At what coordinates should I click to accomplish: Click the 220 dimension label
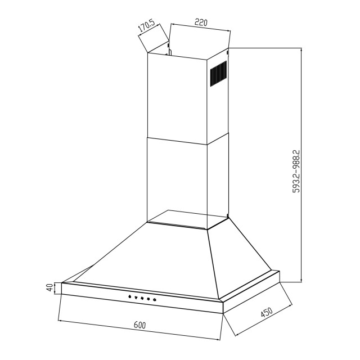tap(201, 23)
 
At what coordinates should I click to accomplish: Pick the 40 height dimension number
tap(50, 287)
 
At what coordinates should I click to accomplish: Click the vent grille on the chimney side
tap(218, 74)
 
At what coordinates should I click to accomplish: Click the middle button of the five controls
tap(142, 299)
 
